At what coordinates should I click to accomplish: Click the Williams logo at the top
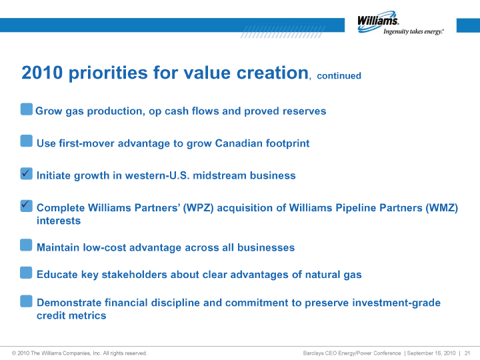(401, 23)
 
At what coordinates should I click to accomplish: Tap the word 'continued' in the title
(339, 75)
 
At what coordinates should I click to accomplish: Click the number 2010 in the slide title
(42, 73)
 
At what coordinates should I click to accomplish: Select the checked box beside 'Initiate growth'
(26, 173)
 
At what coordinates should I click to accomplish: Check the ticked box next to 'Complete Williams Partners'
(26, 206)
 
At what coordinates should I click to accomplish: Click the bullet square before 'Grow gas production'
(27, 109)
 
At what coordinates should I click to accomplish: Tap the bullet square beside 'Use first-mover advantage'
(26, 141)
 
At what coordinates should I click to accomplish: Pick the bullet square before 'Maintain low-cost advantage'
(26, 245)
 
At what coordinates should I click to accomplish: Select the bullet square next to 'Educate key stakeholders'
(26, 273)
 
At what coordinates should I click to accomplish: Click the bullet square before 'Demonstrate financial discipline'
(26, 301)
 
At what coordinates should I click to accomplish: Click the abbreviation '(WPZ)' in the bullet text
(198, 208)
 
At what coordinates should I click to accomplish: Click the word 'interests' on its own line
(59, 221)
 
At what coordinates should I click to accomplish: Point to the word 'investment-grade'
(396, 303)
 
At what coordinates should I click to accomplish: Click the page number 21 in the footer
(467, 353)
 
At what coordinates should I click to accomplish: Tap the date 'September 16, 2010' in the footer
(431, 353)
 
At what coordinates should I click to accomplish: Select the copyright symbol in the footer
(14, 353)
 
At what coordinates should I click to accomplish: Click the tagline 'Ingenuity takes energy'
(413, 31)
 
